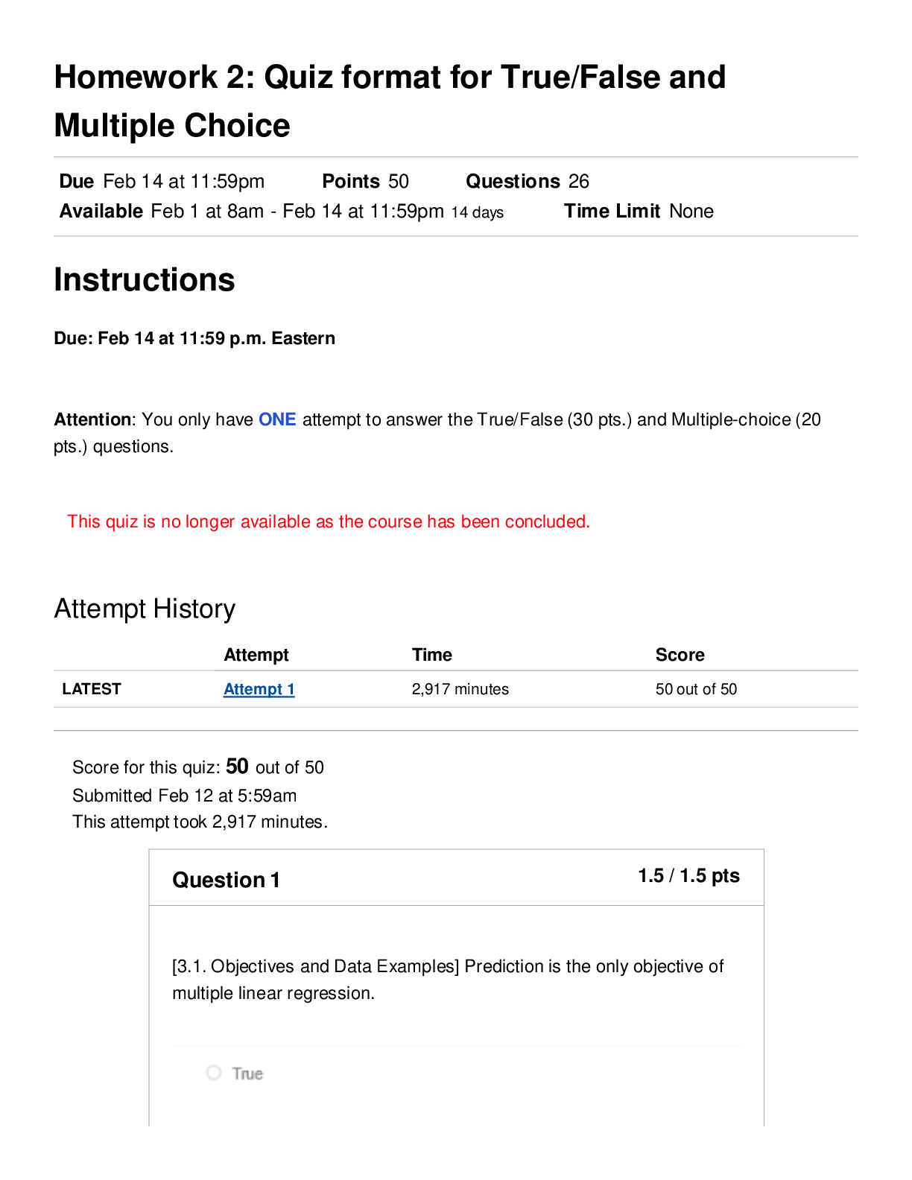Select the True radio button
pyautogui.click(x=214, y=1073)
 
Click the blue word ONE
pyautogui.click(x=277, y=419)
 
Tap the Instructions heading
pyautogui.click(x=145, y=279)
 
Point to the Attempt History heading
pyautogui.click(x=145, y=609)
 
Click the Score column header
pyautogui.click(x=680, y=654)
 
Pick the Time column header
pyautogui.click(x=432, y=654)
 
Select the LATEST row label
pyautogui.click(x=91, y=688)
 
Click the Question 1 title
pyautogui.click(x=226, y=880)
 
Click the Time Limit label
pyautogui.click(x=612, y=211)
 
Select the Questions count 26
pyautogui.click(x=578, y=181)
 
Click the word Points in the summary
pyautogui.click(x=351, y=181)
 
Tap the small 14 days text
pyautogui.click(x=478, y=212)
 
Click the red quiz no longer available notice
pyautogui.click(x=329, y=521)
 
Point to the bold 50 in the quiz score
pyautogui.click(x=237, y=767)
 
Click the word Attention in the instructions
pyautogui.click(x=92, y=419)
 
